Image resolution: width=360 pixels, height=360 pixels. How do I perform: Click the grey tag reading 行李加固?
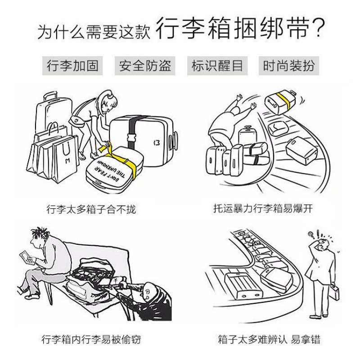[72, 66]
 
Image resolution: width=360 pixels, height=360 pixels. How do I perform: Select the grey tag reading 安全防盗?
[145, 66]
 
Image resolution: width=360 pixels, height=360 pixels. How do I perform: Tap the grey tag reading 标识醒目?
[217, 66]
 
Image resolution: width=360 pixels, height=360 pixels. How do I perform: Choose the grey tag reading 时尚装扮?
[289, 66]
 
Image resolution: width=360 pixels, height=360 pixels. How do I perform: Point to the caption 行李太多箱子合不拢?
[91, 209]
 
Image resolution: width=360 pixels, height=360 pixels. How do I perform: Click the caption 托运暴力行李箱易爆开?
[263, 209]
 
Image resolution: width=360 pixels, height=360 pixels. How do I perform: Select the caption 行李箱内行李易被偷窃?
[91, 339]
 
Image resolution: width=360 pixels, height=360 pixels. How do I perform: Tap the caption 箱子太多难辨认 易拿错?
[269, 339]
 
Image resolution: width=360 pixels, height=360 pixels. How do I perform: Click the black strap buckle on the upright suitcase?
[131, 138]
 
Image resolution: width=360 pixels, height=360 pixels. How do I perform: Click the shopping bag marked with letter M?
[64, 158]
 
